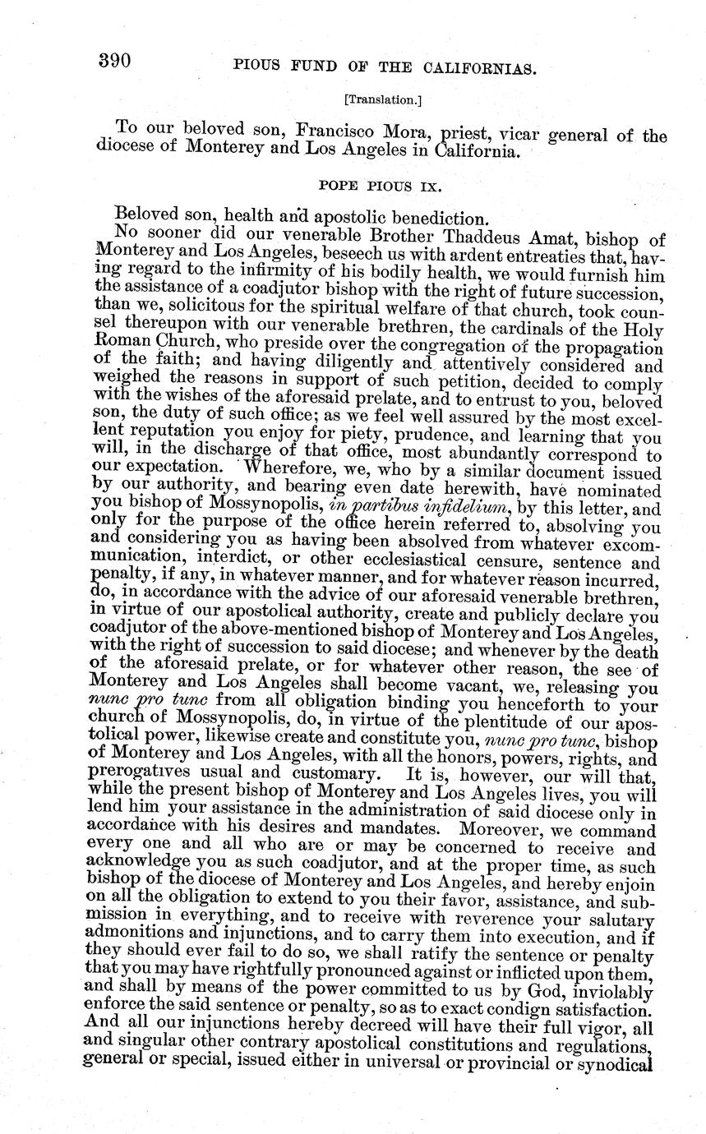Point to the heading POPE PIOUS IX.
(x=377, y=187)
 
